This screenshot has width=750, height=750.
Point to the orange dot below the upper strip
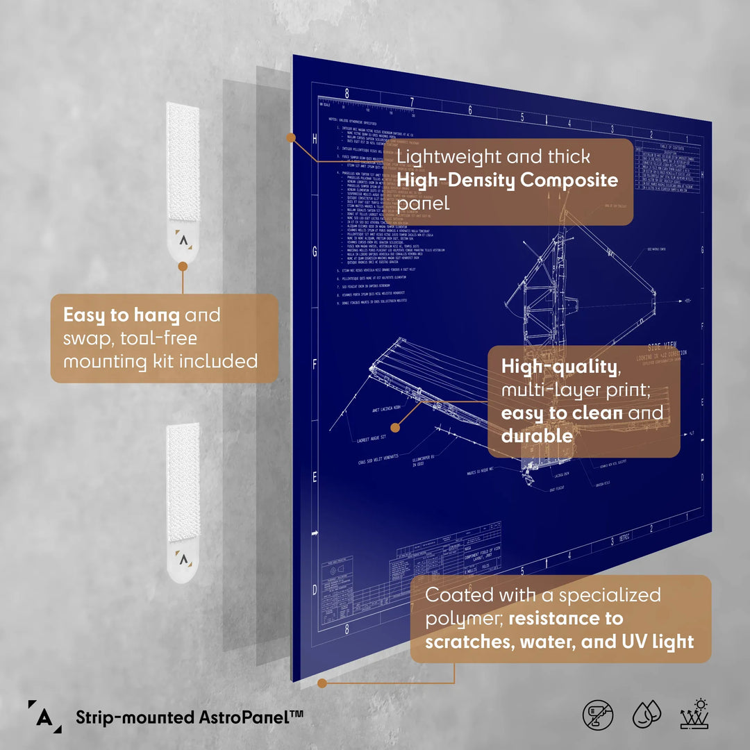tap(183, 266)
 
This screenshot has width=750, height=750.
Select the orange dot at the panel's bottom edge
tap(322, 683)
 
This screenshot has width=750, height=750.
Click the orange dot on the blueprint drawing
tap(395, 428)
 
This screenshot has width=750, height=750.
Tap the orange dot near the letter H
tap(291, 138)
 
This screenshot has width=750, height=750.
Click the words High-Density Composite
tap(507, 181)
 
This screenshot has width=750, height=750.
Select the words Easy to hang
tap(122, 315)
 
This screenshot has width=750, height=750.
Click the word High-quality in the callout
tap(559, 367)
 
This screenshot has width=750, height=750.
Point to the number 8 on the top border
tap(347, 92)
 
